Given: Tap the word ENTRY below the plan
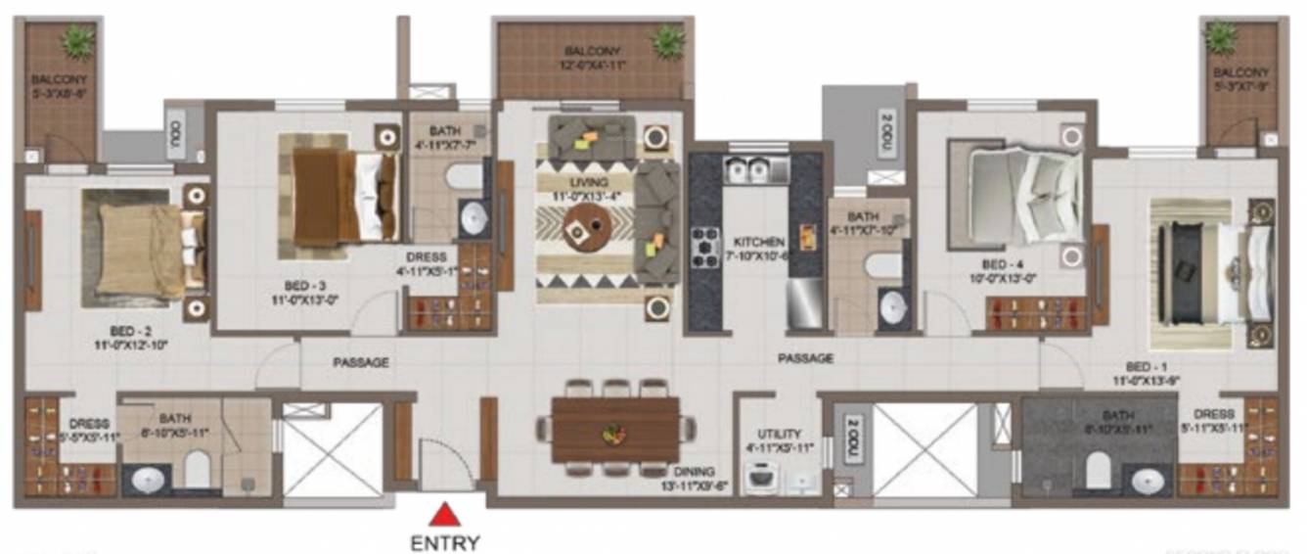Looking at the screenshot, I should click(x=445, y=541).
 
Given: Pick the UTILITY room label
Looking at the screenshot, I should click(x=779, y=434).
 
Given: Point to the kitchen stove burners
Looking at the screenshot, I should click(x=705, y=247).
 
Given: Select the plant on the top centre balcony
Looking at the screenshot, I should click(x=668, y=41).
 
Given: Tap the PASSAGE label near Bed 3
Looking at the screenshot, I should click(x=361, y=362).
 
